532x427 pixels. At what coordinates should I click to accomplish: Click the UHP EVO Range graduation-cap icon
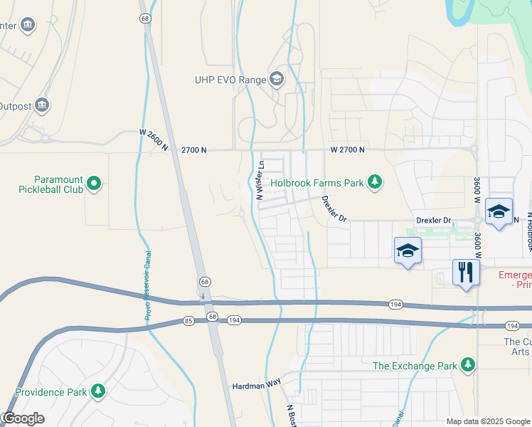[x=276, y=80]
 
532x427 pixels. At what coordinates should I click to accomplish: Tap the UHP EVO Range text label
[x=230, y=80]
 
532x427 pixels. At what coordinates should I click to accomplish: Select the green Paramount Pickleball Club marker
[x=94, y=186]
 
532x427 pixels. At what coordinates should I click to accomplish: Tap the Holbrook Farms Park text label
[x=316, y=183]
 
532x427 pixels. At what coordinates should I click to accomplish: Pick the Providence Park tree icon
[x=97, y=391]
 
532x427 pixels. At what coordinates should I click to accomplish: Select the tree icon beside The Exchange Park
[x=467, y=366]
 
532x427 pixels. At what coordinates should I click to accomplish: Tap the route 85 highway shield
[x=188, y=321]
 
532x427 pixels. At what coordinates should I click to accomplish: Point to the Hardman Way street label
[x=256, y=386]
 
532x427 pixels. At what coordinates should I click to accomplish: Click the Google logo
[x=23, y=418]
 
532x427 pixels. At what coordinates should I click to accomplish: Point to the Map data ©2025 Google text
[x=487, y=421]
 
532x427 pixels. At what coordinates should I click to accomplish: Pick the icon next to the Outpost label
[x=42, y=106]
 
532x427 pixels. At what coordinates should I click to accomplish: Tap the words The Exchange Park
[x=415, y=367]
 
